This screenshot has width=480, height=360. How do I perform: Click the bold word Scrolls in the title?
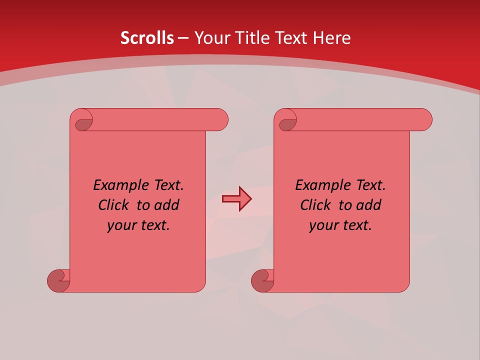[x=147, y=38]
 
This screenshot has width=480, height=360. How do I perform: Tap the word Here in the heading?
[x=332, y=38]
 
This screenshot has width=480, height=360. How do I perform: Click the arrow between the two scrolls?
[x=236, y=199]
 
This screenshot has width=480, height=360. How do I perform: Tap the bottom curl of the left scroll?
[x=58, y=280]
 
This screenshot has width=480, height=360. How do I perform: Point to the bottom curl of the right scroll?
[x=262, y=280]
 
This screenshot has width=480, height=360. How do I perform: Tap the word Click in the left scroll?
[x=113, y=205]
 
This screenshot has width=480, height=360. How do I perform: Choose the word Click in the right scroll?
[x=315, y=205]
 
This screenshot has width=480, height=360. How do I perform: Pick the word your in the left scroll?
[x=121, y=226]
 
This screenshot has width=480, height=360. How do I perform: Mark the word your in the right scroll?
[x=323, y=226]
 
